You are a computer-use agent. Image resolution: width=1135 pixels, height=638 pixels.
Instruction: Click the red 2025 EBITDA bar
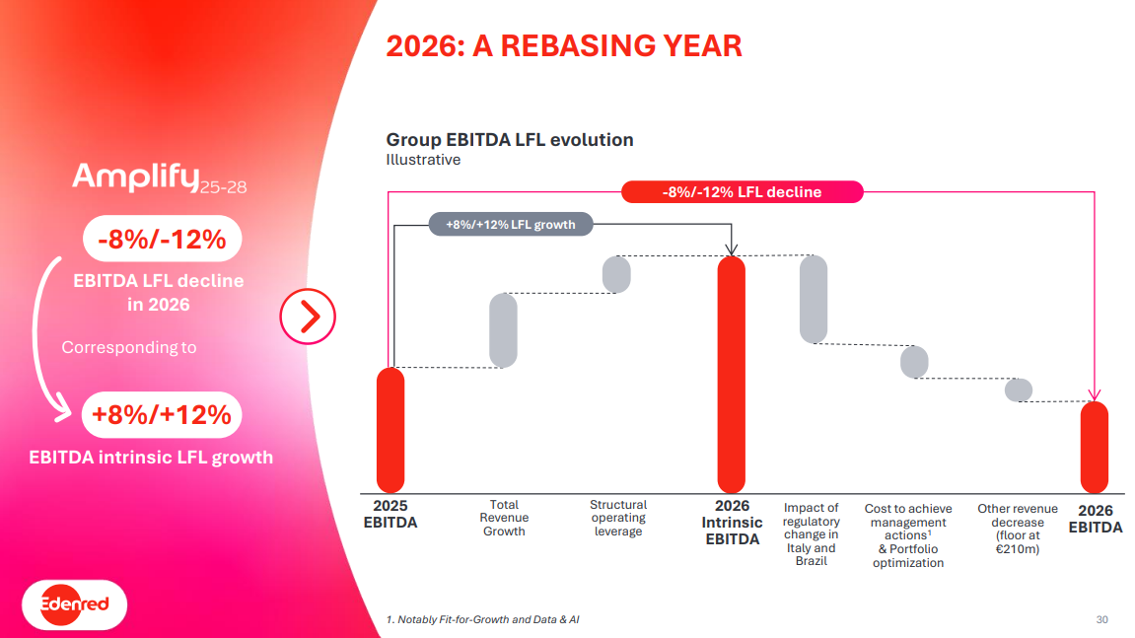click(390, 430)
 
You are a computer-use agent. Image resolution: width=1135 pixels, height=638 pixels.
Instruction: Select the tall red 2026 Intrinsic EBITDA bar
click(731, 375)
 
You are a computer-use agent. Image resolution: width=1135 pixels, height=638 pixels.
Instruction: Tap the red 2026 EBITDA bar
click(1095, 447)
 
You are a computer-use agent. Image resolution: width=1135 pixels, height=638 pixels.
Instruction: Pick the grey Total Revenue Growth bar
click(503, 330)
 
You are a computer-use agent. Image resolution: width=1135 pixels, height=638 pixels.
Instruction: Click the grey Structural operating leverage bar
click(616, 274)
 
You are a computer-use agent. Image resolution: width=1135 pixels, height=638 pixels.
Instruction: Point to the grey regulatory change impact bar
click(814, 299)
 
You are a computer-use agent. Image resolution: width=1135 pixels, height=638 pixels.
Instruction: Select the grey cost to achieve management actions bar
click(914, 362)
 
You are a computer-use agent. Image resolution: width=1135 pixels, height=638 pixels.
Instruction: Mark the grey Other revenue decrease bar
click(1019, 390)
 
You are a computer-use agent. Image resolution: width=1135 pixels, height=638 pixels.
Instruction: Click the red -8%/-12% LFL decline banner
click(742, 192)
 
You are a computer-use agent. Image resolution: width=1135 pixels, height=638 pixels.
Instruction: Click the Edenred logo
click(75, 603)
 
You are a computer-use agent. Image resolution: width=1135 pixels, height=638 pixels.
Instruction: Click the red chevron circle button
click(308, 318)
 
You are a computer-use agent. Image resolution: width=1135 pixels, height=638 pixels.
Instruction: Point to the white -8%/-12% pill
click(162, 240)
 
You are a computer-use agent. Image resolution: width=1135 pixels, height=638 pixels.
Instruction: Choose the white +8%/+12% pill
click(162, 415)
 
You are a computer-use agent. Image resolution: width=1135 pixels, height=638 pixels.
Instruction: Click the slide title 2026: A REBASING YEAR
click(563, 46)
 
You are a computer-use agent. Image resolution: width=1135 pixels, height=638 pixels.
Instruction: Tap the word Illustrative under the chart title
click(423, 160)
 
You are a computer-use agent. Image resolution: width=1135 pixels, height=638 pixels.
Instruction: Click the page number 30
click(1101, 619)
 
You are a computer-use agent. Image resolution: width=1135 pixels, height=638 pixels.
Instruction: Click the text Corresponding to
click(129, 347)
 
